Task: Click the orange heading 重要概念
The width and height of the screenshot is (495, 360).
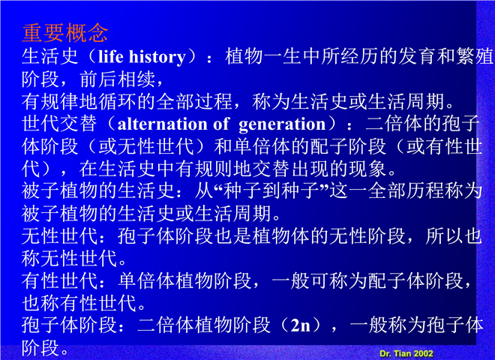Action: pyautogui.click(x=65, y=33)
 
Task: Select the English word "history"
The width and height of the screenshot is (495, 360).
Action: pyautogui.click(x=157, y=57)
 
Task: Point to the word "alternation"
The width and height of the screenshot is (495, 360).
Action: pyautogui.click(x=162, y=124)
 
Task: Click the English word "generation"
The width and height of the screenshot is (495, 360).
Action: pyautogui.click(x=282, y=124)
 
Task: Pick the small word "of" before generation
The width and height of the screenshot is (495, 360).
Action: pyautogui.click(x=221, y=124)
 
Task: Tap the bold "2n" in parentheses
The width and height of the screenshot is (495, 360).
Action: pyautogui.click(x=300, y=325)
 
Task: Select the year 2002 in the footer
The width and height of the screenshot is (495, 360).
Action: pyautogui.click(x=423, y=353)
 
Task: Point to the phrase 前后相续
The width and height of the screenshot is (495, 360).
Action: pyautogui.click(x=118, y=79)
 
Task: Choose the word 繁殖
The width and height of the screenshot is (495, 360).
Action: pyautogui.click(x=474, y=57)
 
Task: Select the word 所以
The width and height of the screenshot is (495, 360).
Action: pyautogui.click(x=444, y=236)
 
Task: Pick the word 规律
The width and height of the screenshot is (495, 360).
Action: pyautogui.click(x=60, y=102)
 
